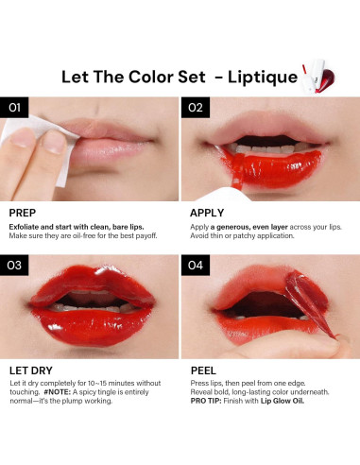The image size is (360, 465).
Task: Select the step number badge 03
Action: tap(13, 266)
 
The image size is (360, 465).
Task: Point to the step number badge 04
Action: tap(196, 266)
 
